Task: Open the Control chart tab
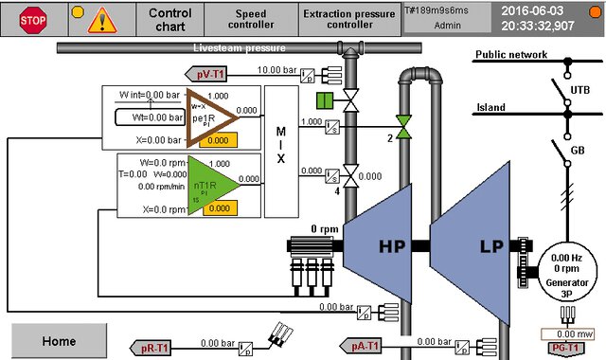(x=170, y=19)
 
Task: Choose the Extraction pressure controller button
(x=349, y=19)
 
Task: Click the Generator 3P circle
(x=565, y=268)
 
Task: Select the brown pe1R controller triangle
(x=208, y=117)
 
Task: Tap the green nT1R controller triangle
(x=208, y=184)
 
